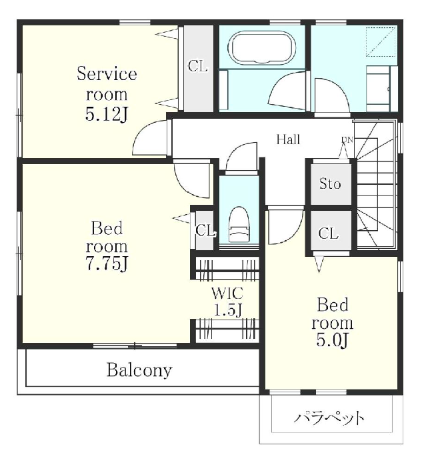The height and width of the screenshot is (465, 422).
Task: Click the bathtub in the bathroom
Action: pyautogui.click(x=262, y=48)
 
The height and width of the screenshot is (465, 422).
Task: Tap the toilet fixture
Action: pyautogui.click(x=239, y=224)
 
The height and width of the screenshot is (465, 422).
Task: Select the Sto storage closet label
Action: pyautogui.click(x=330, y=184)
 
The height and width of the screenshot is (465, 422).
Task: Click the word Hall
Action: pyautogui.click(x=288, y=139)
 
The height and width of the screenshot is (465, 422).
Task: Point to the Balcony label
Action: pyautogui.click(x=139, y=370)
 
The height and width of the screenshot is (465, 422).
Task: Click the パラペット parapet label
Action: pyautogui.click(x=329, y=418)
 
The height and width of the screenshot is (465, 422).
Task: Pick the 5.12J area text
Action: pyautogui.click(x=107, y=115)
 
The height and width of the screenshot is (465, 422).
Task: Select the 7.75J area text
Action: pyautogui.click(x=107, y=263)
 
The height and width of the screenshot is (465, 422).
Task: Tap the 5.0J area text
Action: pyautogui.click(x=332, y=340)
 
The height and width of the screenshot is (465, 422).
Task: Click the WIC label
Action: pyautogui.click(x=227, y=294)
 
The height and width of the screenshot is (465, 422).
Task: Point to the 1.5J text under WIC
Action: pyautogui.click(x=228, y=310)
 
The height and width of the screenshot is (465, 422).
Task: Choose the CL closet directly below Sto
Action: pyautogui.click(x=329, y=234)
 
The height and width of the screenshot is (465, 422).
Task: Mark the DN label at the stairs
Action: pyautogui.click(x=347, y=139)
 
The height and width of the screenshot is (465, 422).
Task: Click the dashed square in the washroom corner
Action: pyautogui.click(x=381, y=41)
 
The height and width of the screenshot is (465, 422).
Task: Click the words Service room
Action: pyautogui.click(x=107, y=83)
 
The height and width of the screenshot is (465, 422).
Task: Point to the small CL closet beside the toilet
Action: pyautogui.click(x=205, y=230)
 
